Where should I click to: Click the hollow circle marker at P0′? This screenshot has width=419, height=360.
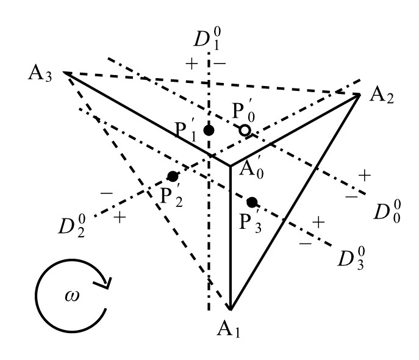click(x=244, y=130)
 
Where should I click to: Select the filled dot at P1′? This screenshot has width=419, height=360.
click(x=209, y=130)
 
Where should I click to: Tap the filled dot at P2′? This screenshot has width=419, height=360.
click(x=173, y=176)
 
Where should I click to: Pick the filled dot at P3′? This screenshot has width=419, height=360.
click(x=252, y=202)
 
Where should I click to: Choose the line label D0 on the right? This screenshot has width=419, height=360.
click(x=388, y=212)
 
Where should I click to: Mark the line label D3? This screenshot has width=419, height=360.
click(x=353, y=257)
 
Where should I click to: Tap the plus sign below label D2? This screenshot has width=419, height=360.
click(x=119, y=218)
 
